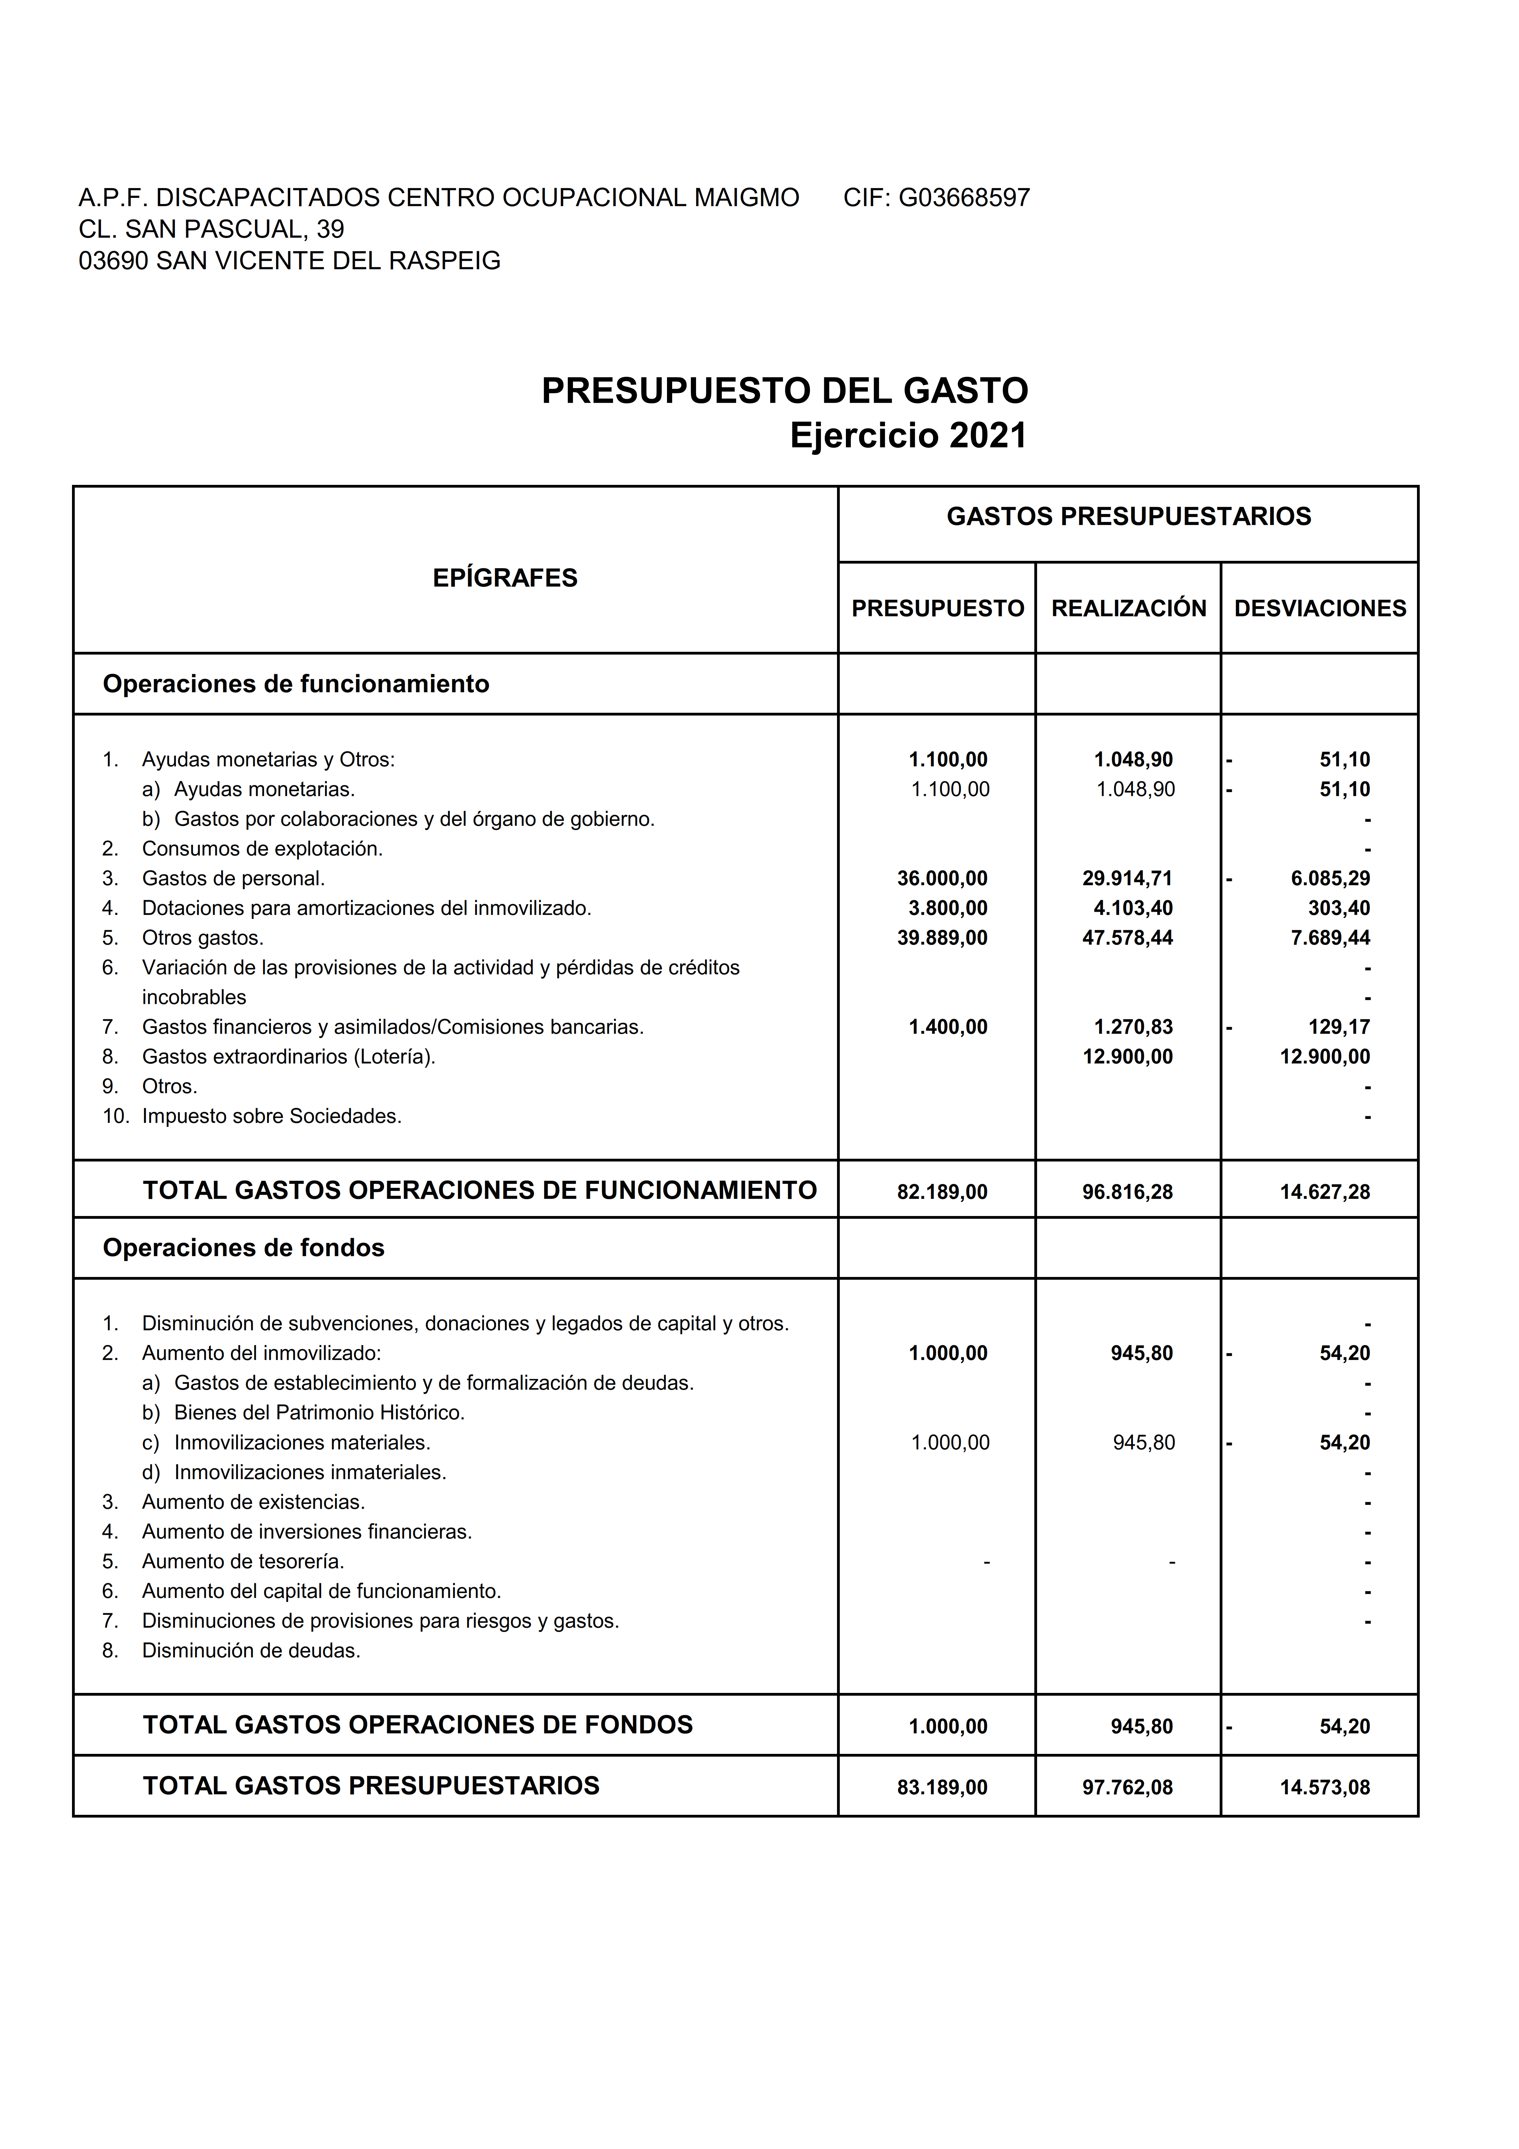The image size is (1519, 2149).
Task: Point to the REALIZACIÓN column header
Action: [x=1129, y=608]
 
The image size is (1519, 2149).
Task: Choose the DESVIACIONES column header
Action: [x=1320, y=608]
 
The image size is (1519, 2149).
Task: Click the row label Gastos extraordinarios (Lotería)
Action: [x=288, y=1057]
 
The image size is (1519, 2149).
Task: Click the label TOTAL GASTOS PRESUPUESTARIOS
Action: [x=371, y=1786]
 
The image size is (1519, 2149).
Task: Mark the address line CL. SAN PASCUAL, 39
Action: [x=211, y=229]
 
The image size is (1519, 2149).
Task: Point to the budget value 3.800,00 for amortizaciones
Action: [x=947, y=908]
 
